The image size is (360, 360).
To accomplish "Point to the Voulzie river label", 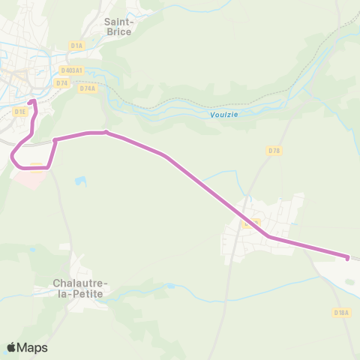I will [215, 115].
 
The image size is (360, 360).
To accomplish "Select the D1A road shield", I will [76, 46].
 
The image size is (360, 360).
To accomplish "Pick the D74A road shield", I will [87, 88].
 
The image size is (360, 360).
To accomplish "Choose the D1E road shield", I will [20, 111].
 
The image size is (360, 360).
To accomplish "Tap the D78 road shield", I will [274, 151].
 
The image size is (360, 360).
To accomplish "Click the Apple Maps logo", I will [28, 347].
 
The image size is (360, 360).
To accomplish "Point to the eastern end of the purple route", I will [347, 258].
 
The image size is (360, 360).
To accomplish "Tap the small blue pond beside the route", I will [80, 181].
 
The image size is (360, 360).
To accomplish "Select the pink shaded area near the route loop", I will [30, 178].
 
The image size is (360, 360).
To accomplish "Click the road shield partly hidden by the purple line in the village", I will [251, 223].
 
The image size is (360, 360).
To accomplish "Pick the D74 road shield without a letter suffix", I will [61, 82].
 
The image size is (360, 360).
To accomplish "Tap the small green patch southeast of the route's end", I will [349, 281].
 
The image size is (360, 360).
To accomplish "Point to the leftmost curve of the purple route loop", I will [13, 156].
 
